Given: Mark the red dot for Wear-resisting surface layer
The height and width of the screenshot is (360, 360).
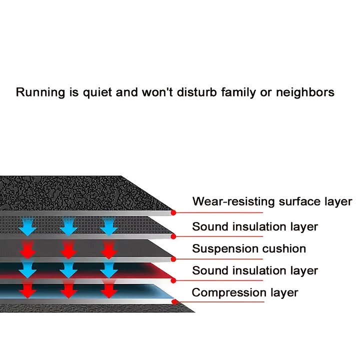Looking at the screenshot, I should (173, 212).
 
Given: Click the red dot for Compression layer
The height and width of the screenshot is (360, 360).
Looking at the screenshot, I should (173, 302).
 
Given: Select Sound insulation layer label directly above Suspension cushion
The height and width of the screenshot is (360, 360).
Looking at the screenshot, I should (255, 226).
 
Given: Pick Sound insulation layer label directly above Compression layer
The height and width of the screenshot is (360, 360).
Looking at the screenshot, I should (255, 270).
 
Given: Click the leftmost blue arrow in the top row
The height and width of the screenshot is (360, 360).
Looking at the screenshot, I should (28, 227).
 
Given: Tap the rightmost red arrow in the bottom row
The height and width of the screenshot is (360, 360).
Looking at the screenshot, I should (108, 290).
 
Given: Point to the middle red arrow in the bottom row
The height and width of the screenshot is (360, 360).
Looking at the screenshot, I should (68, 290).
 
